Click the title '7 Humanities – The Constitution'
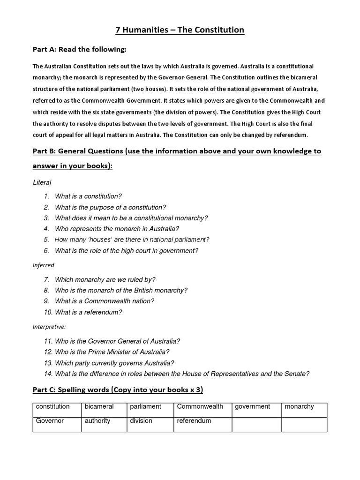coord(180,30)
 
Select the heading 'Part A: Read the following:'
coord(79,49)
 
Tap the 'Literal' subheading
coord(42,182)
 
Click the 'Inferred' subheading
coord(43,265)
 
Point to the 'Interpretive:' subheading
coord(49,326)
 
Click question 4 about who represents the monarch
coord(117,229)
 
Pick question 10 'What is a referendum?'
coord(89,312)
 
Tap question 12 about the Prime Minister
coord(112,352)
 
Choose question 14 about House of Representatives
coord(182,374)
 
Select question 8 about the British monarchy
coord(121,290)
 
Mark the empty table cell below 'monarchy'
coord(304,424)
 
